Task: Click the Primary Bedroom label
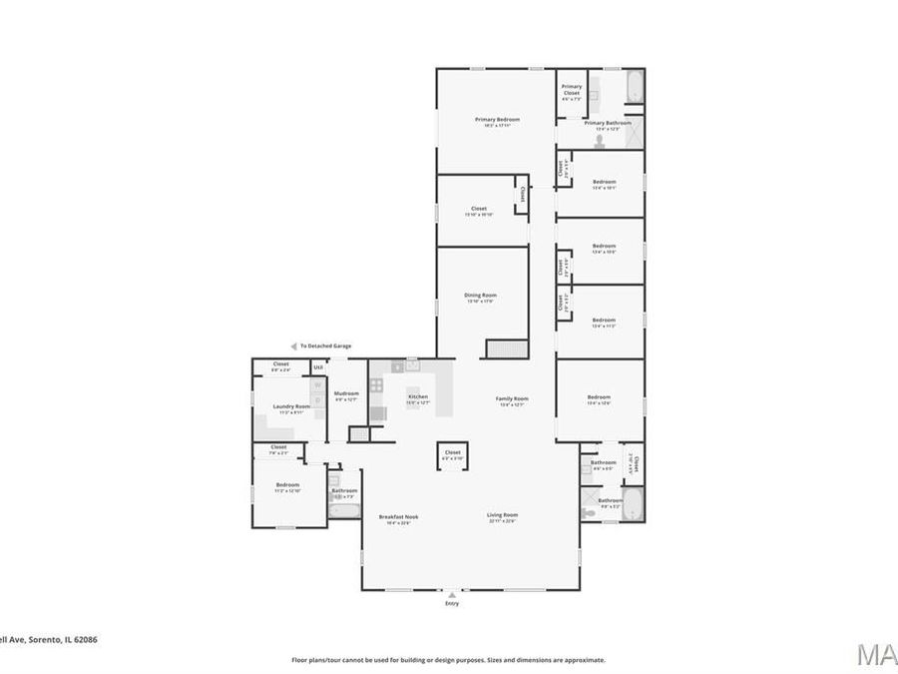tap(497, 119)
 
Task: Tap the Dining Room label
tap(480, 295)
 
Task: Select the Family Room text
tap(513, 398)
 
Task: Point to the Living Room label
tap(503, 514)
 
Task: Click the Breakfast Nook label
tap(398, 516)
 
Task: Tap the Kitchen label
tap(418, 396)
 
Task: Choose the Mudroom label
tap(346, 393)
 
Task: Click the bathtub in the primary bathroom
tap(635, 88)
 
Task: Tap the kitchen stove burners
tap(377, 383)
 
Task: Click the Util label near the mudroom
tap(318, 367)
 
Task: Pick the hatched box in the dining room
tap(505, 347)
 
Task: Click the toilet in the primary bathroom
tap(599, 143)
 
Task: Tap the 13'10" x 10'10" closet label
tap(479, 209)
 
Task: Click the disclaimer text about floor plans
tap(448, 660)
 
